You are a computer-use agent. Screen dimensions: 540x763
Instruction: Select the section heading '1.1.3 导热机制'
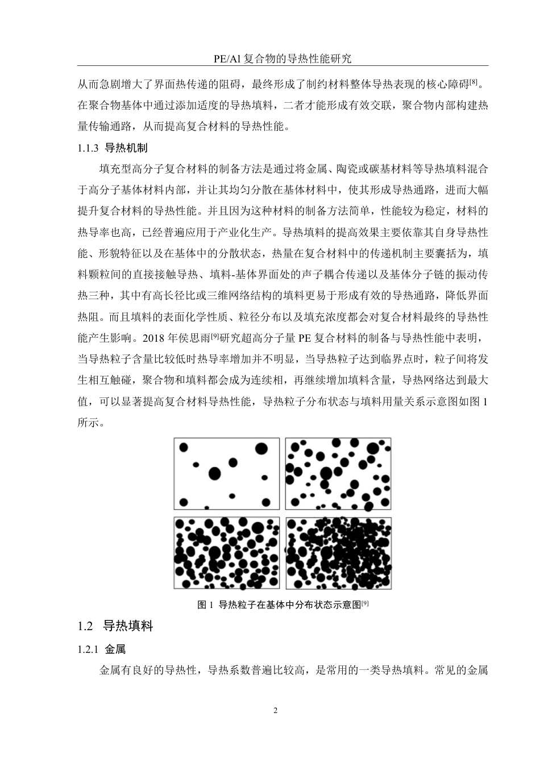pos(112,148)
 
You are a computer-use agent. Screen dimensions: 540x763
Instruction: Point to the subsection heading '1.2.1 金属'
pos(101,649)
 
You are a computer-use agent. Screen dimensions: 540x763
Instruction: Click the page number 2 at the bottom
pos(276,711)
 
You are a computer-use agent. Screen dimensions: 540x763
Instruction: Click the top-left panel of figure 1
pos(226,473)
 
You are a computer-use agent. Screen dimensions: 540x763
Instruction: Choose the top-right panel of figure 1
pos(338,473)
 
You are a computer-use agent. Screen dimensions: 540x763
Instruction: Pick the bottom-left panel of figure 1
pos(226,553)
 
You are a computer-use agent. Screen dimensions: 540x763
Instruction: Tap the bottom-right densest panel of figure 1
pos(338,553)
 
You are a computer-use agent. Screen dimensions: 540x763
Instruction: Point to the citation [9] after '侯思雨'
pos(215,336)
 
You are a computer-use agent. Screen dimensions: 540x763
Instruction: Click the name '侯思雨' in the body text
pos(194,339)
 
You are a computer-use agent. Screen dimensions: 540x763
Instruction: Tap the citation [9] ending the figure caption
pos(365,603)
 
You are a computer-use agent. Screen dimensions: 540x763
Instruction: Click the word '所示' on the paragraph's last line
pos(88,423)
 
